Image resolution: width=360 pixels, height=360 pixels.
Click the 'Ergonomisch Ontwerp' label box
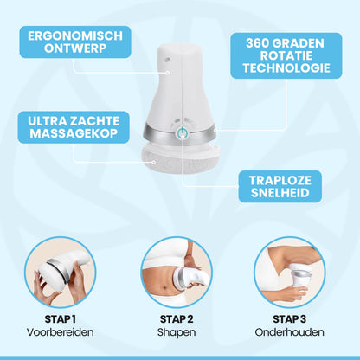75,42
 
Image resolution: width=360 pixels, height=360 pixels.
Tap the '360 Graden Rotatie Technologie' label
286,55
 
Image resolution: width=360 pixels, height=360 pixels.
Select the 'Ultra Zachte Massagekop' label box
74,127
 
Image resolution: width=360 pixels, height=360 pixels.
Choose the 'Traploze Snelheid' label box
280,187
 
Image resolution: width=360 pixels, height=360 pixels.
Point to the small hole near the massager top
167,60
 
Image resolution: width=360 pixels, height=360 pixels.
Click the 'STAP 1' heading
61,319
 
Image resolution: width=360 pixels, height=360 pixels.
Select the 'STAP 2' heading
177,319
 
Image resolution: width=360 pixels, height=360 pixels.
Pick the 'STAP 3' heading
289,319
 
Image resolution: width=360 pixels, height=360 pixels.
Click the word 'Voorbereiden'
61,332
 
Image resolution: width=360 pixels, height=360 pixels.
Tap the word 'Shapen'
177,332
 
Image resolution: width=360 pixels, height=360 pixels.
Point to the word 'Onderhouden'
289,332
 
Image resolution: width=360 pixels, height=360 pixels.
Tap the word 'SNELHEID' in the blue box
280,193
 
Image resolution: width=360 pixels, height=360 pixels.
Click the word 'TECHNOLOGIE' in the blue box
286,68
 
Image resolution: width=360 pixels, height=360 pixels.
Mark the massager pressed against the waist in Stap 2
192,280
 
